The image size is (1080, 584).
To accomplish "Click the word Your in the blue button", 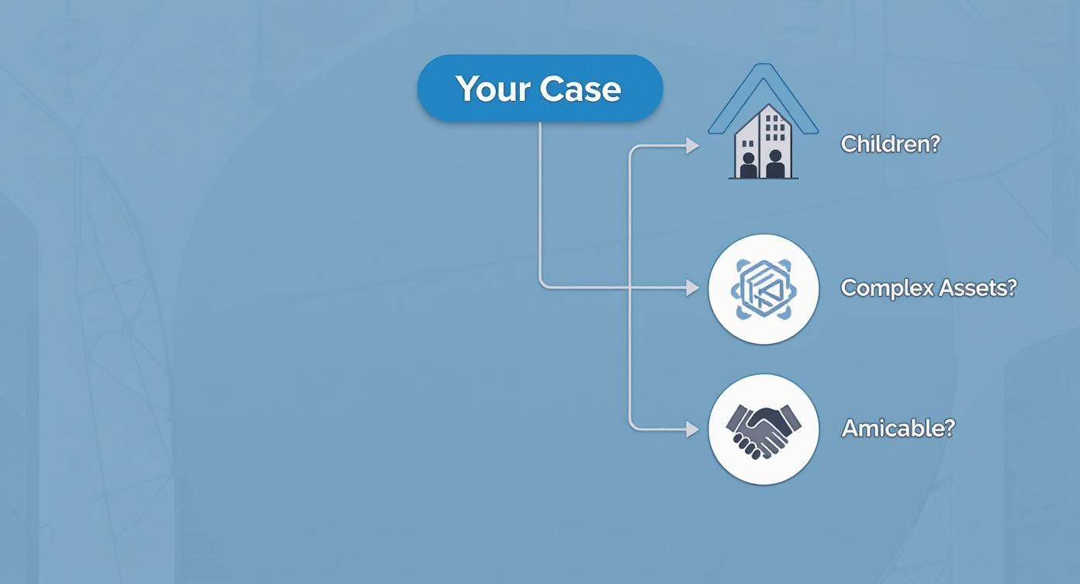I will (x=493, y=89).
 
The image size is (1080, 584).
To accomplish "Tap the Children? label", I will (x=890, y=144).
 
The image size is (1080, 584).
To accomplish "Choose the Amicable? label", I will (x=898, y=428).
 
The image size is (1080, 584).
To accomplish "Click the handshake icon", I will (x=763, y=429).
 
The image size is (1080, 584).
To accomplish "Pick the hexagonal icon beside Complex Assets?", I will (x=763, y=289).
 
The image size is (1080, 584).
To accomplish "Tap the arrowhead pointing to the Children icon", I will (x=693, y=145).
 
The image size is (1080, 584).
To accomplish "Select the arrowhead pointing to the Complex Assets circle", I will (x=693, y=288).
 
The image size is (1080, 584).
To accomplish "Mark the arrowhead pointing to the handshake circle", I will (x=693, y=429).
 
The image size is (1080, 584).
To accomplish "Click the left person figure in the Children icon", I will (x=748, y=165).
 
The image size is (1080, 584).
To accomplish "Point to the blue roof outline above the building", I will (x=763, y=78).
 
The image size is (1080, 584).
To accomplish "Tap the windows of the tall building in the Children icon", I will (x=774, y=128).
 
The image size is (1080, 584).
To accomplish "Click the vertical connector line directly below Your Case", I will (x=540, y=202).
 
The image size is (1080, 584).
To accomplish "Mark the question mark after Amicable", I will (x=949, y=428).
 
